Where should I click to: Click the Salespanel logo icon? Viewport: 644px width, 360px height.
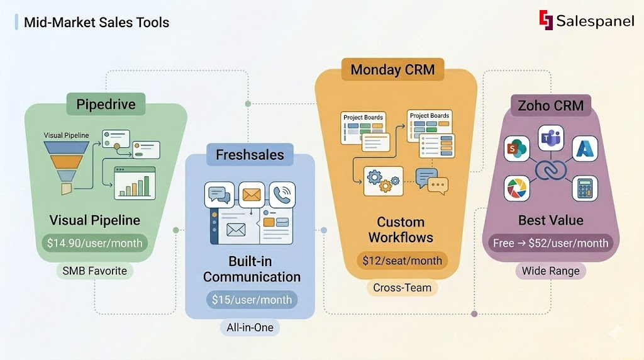[545, 20]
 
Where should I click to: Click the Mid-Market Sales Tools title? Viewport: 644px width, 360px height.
[96, 23]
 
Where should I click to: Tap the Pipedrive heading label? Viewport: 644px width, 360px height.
[106, 104]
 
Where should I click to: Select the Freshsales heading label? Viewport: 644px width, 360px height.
[250, 155]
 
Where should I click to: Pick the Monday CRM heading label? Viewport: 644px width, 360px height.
[392, 69]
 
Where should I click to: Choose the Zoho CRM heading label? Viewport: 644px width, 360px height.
[551, 106]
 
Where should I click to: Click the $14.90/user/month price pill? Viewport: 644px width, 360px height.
[95, 242]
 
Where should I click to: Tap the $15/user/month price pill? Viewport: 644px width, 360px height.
[252, 300]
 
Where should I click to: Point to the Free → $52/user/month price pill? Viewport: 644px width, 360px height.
[551, 243]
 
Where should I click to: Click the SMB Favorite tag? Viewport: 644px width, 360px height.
[95, 271]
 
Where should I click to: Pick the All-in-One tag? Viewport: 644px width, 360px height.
[251, 328]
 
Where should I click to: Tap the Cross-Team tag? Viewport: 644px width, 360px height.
[402, 288]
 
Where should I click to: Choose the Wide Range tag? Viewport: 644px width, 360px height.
[551, 271]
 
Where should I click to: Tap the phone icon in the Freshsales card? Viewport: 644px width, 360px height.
[282, 194]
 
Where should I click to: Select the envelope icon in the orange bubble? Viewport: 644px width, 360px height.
[251, 194]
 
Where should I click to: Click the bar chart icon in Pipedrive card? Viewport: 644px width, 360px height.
[134, 183]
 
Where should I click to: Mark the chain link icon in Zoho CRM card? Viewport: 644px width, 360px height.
[551, 171]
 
